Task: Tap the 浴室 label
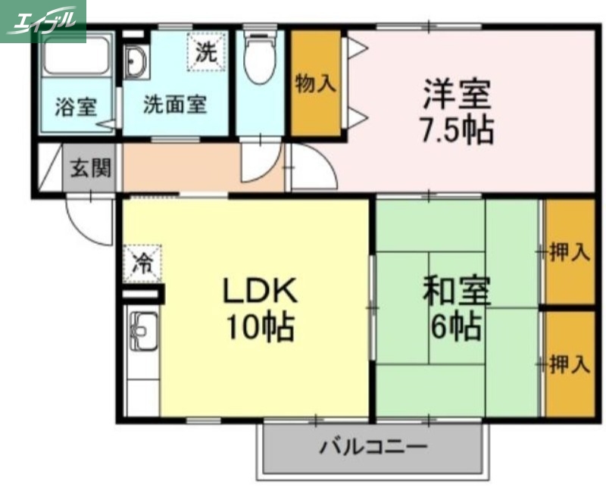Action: tap(76, 107)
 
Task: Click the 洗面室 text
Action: tap(175, 105)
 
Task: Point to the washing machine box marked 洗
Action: tap(206, 51)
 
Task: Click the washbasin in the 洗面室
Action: tap(136, 61)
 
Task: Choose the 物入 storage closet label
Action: tap(315, 83)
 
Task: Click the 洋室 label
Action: tap(458, 95)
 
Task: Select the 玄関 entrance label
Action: tap(91, 167)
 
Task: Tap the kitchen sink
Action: tap(142, 330)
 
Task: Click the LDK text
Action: tap(257, 292)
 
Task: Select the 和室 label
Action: tap(457, 292)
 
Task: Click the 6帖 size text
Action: tap(456, 326)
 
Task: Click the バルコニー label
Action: tap(373, 445)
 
